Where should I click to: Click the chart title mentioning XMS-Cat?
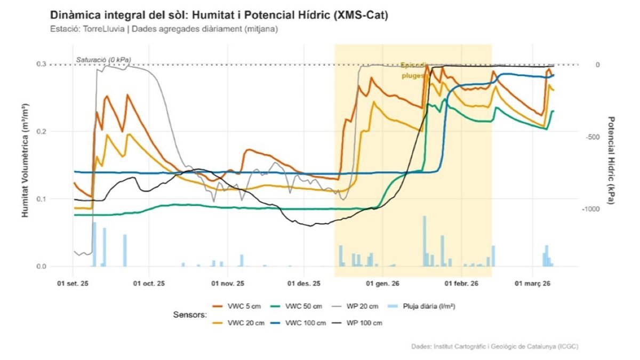[x=219, y=15]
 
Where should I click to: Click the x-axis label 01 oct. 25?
[x=149, y=283]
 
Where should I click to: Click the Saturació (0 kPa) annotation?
[x=103, y=59]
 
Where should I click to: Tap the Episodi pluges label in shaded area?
[x=414, y=70]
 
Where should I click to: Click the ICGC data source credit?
[x=494, y=347]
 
